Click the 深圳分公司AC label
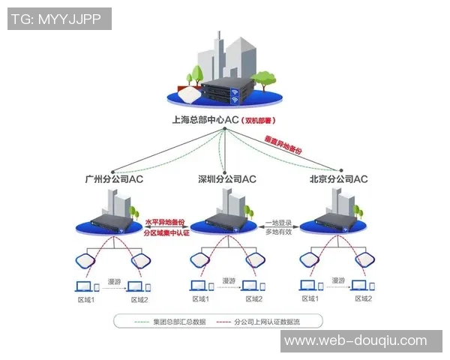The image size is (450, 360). click(226, 179)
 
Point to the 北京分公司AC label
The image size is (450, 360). click(338, 179)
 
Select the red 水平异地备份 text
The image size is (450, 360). click(165, 223)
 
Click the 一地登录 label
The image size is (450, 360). click(279, 223)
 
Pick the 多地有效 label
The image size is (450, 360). click(279, 233)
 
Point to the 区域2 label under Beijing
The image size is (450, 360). click(363, 299)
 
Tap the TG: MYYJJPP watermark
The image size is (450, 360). click(59, 19)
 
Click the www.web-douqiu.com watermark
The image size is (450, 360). click(361, 341)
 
